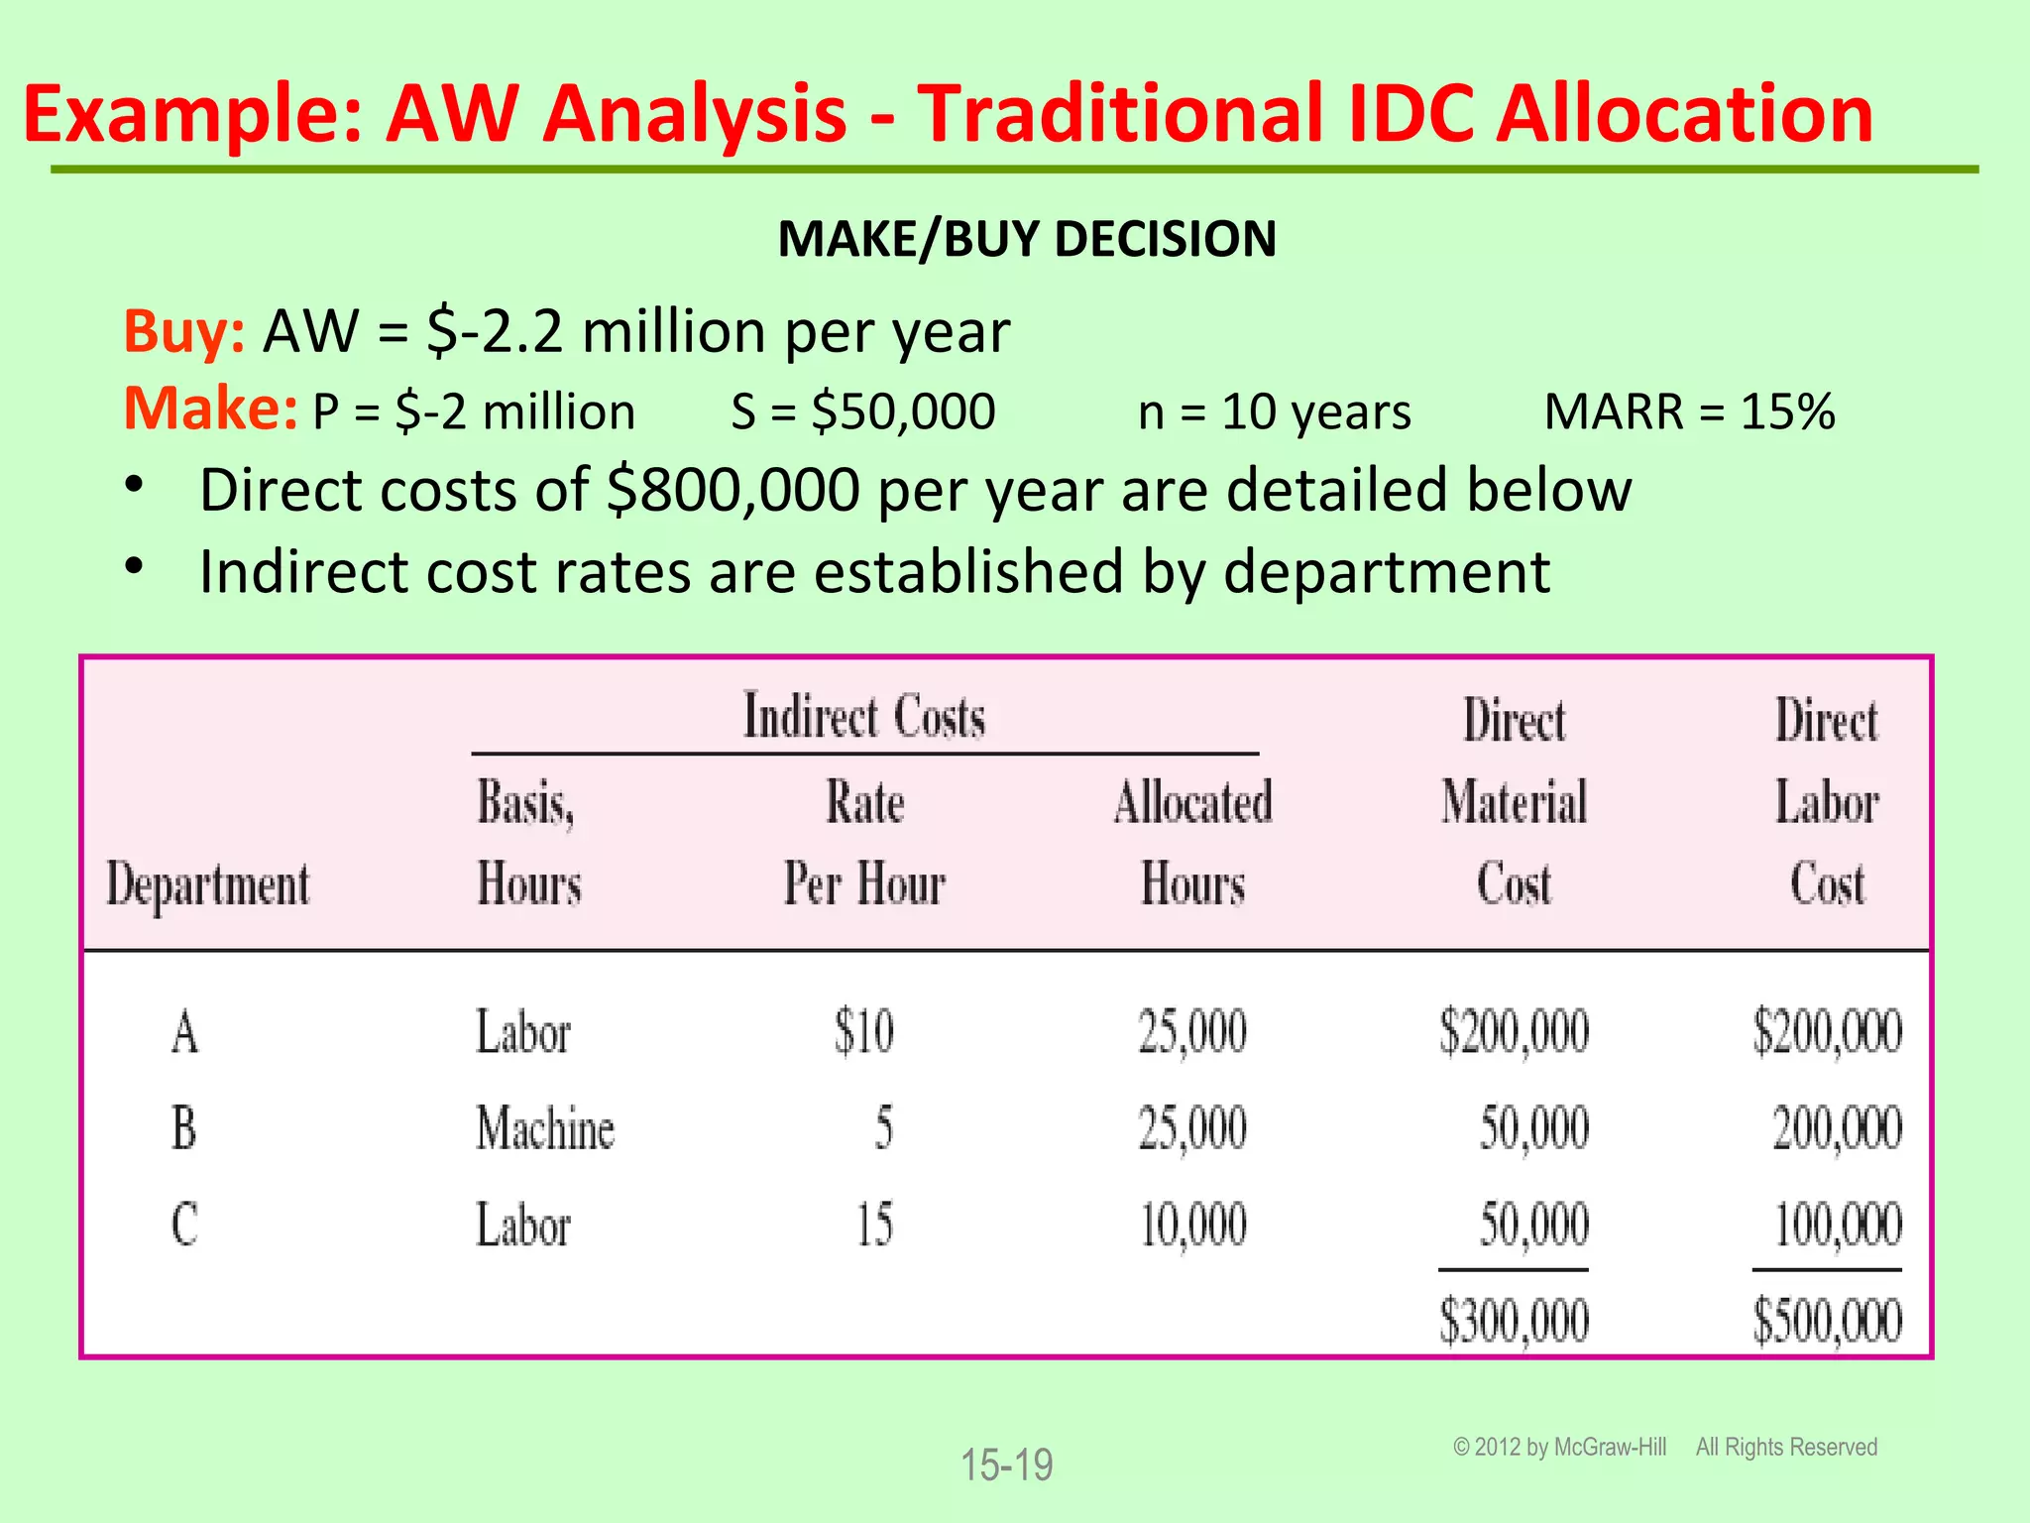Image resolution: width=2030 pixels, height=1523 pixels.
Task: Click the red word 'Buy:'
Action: coord(183,331)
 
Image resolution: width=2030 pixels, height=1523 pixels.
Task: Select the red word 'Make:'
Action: coord(210,410)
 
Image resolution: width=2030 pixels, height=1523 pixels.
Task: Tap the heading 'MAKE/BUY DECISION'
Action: coord(1027,239)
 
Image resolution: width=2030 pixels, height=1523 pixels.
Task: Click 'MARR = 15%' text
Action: coord(1689,411)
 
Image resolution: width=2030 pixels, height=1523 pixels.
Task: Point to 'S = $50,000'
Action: coord(862,411)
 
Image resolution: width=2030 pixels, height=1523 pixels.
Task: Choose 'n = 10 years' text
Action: coord(1274,411)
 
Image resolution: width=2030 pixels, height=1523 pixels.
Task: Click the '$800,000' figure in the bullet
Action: coord(733,490)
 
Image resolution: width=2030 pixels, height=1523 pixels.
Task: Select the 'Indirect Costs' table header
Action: coord(864,716)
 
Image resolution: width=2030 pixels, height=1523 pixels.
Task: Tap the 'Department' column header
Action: coord(208,883)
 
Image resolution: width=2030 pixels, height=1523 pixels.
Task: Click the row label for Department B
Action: coord(184,1128)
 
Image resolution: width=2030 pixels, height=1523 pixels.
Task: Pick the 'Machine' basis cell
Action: coord(544,1128)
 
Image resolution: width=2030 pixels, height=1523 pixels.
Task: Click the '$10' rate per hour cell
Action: coord(863,1031)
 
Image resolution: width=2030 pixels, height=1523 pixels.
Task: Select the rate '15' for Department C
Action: coord(874,1225)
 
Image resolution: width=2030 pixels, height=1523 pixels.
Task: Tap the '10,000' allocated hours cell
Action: coord(1192,1225)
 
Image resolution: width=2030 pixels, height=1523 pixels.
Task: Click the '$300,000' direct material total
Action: coord(1514,1321)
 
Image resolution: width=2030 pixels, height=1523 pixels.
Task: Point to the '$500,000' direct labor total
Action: coord(1827,1321)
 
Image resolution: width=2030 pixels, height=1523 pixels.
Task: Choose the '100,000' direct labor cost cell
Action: coord(1837,1225)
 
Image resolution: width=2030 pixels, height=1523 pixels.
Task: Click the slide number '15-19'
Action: coord(1006,1464)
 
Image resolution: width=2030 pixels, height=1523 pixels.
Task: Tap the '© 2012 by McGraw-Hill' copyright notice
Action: coord(1559,1447)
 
